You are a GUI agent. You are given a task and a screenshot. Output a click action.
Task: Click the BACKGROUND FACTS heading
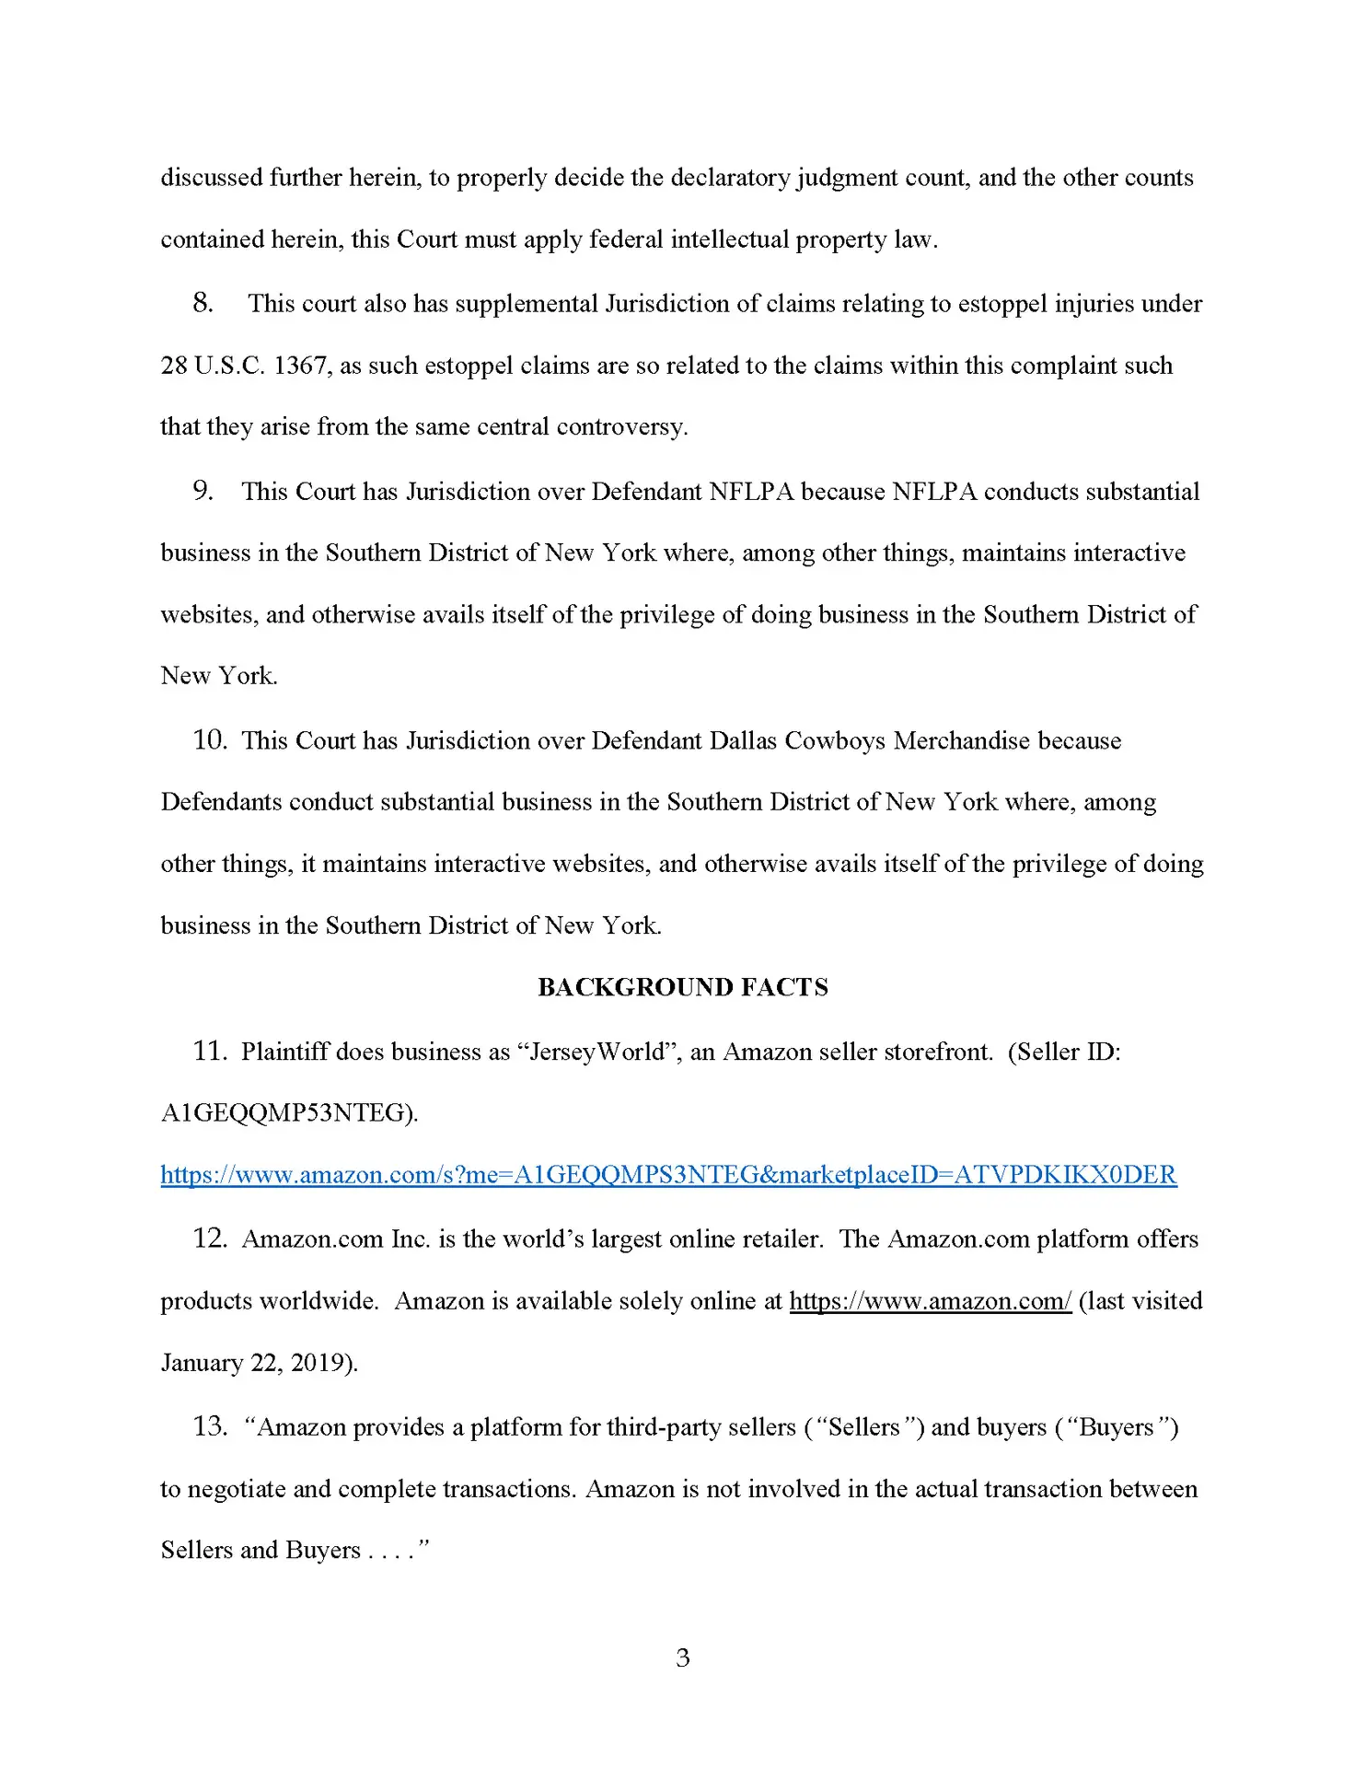682,987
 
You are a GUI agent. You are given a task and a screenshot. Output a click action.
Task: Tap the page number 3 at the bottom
682,1657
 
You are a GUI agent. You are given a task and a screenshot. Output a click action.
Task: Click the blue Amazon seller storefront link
668,1175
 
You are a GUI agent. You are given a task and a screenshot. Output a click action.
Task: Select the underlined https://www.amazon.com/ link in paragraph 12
930,1301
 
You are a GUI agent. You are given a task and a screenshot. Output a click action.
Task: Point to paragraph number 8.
203,303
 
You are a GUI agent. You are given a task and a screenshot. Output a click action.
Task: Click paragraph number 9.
203,491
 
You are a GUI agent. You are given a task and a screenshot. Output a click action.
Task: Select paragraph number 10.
209,740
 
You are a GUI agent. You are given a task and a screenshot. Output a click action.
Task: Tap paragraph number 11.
209,1052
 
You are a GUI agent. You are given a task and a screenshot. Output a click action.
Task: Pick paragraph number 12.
209,1239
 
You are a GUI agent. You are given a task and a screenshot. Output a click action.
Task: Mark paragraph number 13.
209,1426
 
